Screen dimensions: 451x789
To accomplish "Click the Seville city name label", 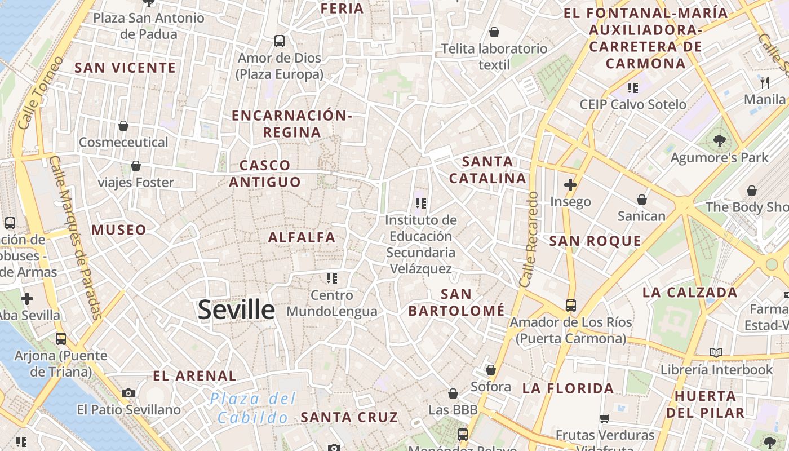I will [236, 310].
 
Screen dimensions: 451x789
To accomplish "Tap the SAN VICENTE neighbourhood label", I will [125, 68].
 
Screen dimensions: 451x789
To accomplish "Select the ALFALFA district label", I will [302, 237].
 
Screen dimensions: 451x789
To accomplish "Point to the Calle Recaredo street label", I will [530, 239].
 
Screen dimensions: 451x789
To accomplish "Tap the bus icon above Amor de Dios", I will [280, 41].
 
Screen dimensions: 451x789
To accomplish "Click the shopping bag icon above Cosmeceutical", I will [123, 125].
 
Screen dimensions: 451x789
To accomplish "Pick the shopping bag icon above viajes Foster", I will [136, 166].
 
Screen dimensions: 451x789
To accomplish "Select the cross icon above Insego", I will [570, 184].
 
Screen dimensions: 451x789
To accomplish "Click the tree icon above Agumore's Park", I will [719, 140].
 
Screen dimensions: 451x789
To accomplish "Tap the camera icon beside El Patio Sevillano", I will [128, 393].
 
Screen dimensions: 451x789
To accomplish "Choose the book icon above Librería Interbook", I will [716, 353].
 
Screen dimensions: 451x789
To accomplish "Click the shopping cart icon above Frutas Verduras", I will [605, 418].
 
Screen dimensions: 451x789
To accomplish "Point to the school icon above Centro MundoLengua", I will [332, 278].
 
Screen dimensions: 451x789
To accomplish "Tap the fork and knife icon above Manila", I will [765, 83].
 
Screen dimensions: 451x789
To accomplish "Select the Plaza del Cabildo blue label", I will [254, 408].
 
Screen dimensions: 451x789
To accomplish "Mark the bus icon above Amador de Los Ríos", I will [571, 306].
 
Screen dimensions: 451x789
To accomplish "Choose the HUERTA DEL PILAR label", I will [705, 404].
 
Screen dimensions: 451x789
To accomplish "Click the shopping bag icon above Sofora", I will [491, 370].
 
